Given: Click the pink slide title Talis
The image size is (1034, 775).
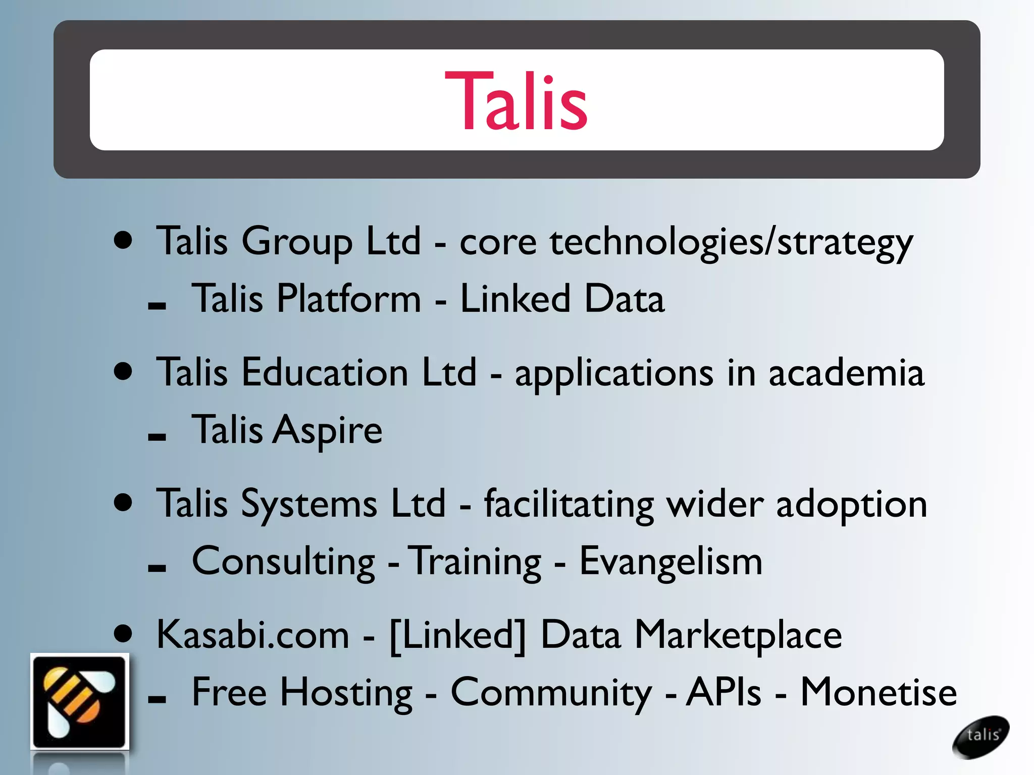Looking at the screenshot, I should click(x=516, y=101).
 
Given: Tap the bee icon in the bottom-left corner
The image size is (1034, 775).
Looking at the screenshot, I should click(x=79, y=701).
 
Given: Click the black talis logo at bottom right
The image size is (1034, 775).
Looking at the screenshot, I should click(x=980, y=736).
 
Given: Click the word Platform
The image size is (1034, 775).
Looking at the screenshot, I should click(x=348, y=299).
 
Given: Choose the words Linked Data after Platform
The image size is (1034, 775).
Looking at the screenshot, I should click(x=562, y=299).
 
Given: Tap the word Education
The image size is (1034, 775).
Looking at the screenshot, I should click(x=325, y=373).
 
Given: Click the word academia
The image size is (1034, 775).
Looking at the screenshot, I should click(x=846, y=373).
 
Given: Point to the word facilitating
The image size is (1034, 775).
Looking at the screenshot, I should click(x=568, y=505).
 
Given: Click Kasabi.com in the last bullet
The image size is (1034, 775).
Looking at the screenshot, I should click(x=252, y=635).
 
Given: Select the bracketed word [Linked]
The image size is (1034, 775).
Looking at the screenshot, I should click(x=458, y=635).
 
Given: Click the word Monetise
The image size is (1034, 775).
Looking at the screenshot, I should click(x=878, y=692).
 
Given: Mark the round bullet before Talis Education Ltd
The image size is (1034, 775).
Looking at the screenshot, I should click(x=123, y=372).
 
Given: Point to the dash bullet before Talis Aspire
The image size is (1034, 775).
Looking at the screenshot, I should click(x=157, y=437).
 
